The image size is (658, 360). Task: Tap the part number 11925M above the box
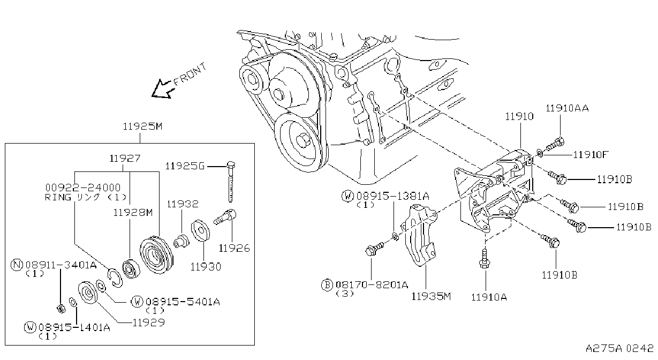tap(142, 126)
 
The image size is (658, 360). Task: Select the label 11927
tap(125, 159)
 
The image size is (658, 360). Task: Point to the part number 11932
tap(183, 204)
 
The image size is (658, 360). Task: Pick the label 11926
tap(234, 249)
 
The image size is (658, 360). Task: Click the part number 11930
tap(206, 267)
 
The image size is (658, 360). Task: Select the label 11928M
tap(133, 213)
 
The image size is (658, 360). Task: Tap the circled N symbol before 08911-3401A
tap(17, 265)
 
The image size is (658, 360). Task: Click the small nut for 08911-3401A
tap(61, 309)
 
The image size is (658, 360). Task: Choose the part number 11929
tap(149, 322)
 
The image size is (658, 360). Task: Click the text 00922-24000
tap(83, 187)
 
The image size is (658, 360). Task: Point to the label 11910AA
tap(567, 108)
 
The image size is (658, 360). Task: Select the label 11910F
tap(591, 154)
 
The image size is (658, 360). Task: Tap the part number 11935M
tap(430, 296)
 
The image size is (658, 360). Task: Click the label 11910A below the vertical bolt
tap(489, 297)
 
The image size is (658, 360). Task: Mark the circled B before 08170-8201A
tap(327, 284)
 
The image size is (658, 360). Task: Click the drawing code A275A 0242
tap(619, 348)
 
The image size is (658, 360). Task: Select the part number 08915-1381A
tap(393, 196)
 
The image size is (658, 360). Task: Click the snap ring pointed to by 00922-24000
tap(115, 277)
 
